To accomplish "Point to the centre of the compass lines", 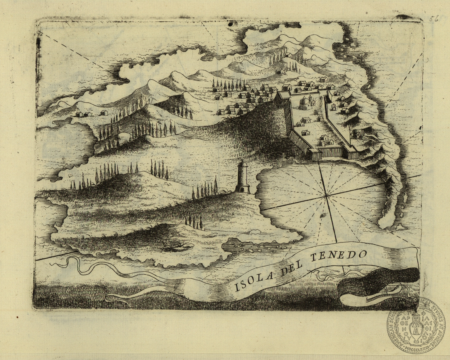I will [326, 195].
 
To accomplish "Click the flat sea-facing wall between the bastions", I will [332, 153].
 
